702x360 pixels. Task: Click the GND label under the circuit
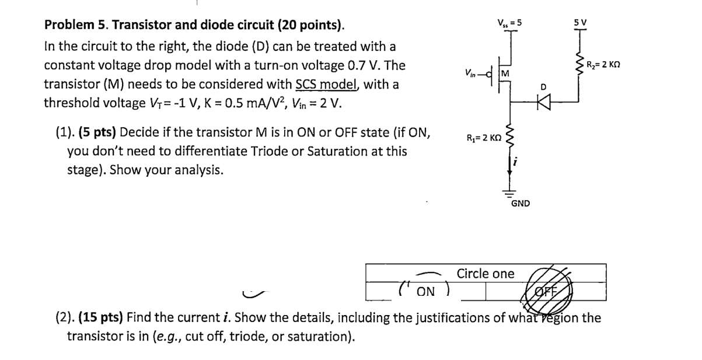click(520, 204)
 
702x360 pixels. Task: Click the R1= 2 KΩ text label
click(483, 139)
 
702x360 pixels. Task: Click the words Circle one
click(486, 274)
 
